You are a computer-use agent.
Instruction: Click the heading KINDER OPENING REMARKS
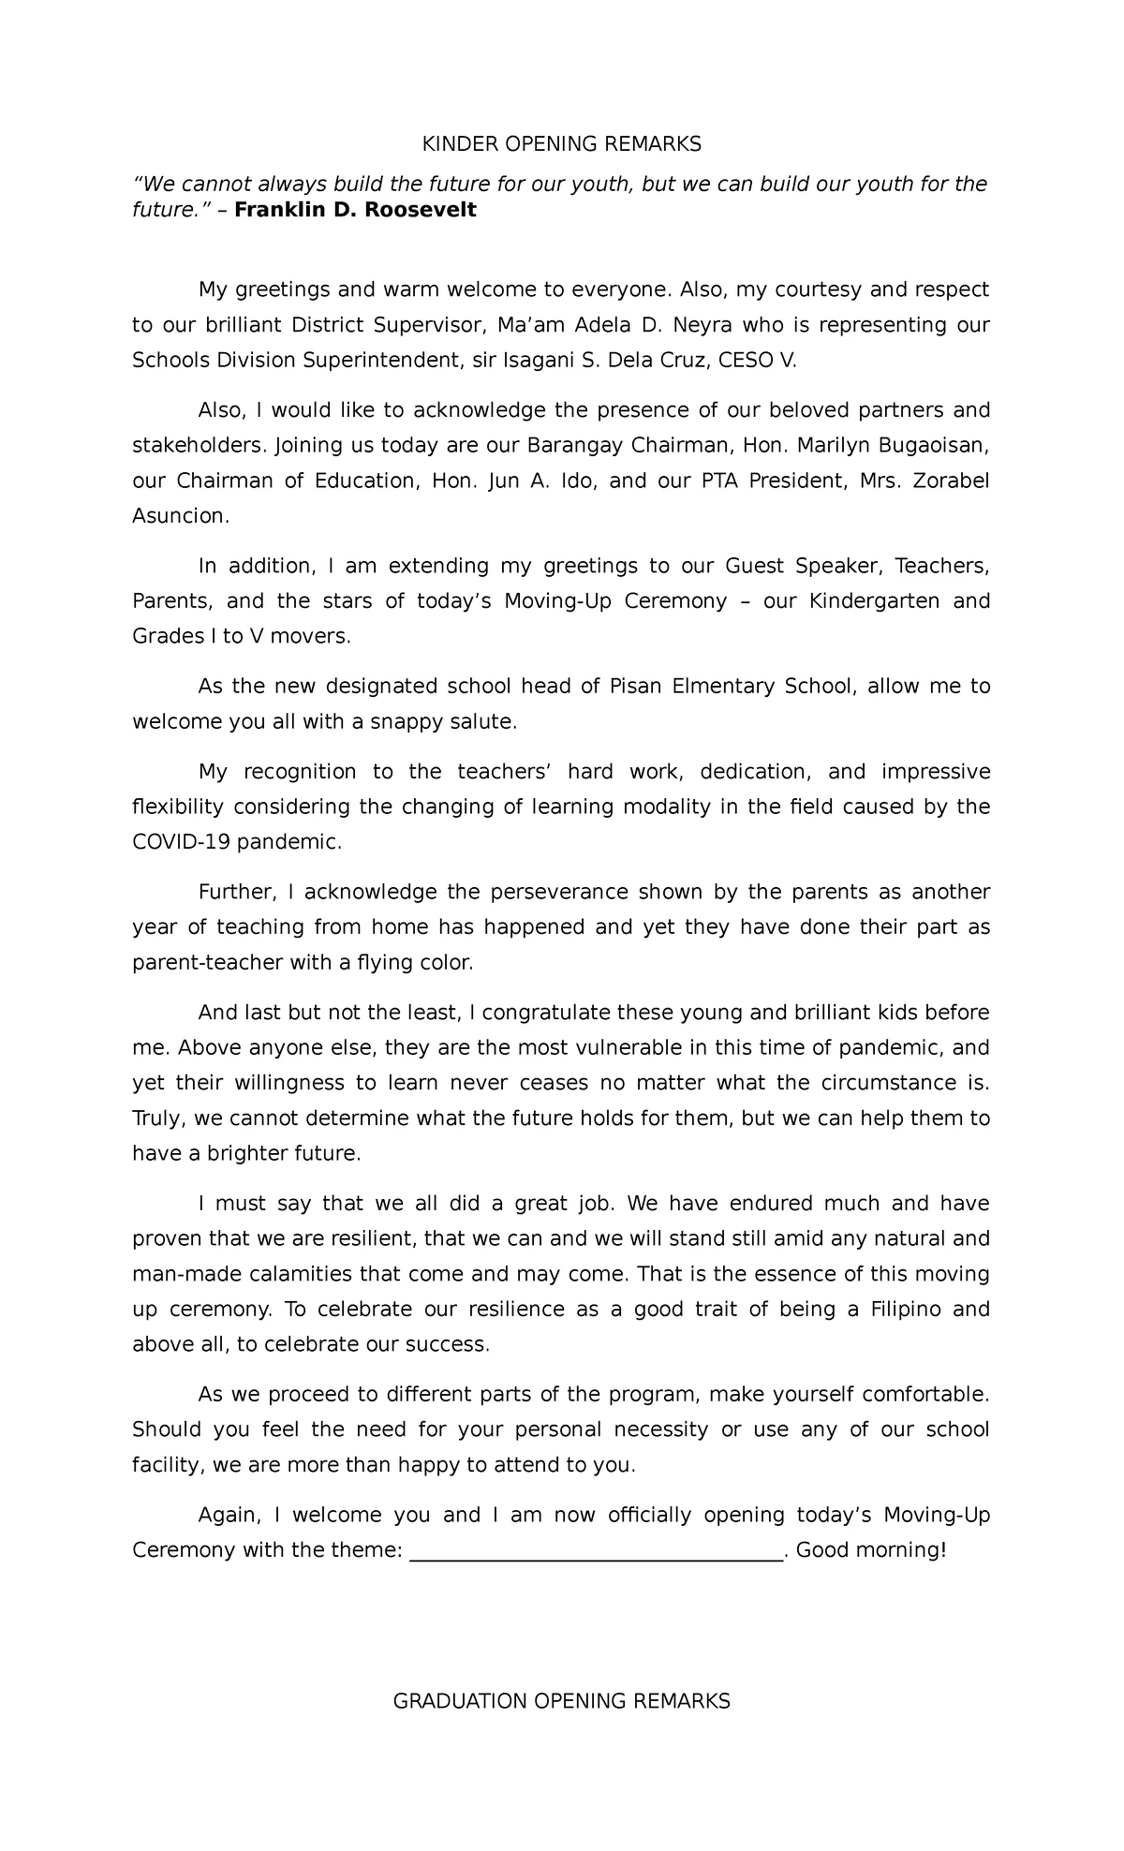[x=561, y=144]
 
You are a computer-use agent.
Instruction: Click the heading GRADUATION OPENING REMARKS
[x=561, y=1701]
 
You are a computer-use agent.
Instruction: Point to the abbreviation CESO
[x=747, y=361]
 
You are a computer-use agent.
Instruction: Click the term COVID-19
[x=181, y=842]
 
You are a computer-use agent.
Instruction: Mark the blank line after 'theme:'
[x=597, y=1550]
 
